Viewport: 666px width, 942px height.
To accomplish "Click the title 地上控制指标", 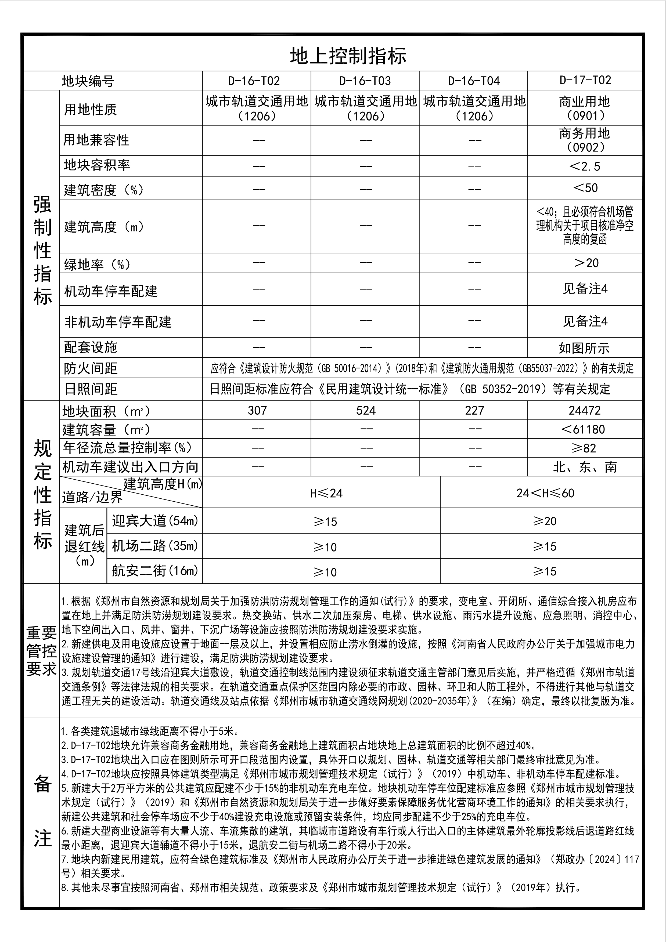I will [348, 56].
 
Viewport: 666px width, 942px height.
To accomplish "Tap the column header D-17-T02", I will [585, 80].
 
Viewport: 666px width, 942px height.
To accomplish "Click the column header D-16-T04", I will [474, 81].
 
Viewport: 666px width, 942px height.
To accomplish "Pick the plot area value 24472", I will [585, 410].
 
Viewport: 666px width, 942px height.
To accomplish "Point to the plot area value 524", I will [366, 410].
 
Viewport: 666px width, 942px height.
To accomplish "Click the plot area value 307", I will [257, 410].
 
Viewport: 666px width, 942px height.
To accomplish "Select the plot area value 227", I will [474, 410].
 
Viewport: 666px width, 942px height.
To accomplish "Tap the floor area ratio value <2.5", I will [585, 166].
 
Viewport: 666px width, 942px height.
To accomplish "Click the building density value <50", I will [585, 188].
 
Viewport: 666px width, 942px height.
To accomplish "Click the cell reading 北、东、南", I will [585, 467].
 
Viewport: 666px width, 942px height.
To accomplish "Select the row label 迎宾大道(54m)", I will [155, 521].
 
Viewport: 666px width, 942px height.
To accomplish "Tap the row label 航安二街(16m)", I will [155, 571].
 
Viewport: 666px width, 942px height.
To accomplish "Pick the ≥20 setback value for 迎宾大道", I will [545, 521].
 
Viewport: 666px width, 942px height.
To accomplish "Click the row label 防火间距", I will [91, 368].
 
